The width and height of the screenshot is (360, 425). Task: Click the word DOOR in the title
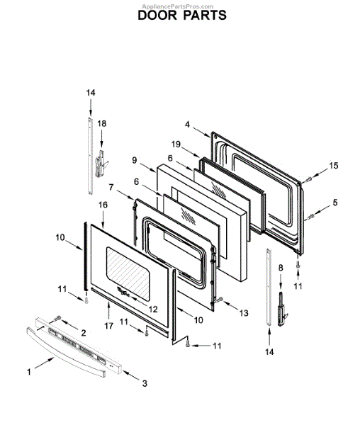point(157,15)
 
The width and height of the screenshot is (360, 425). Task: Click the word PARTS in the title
point(205,15)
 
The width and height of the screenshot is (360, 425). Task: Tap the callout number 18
point(101,123)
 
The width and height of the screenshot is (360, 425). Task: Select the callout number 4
point(187,125)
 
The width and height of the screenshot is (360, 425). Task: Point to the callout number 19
point(176,144)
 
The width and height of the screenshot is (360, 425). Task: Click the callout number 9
point(135,160)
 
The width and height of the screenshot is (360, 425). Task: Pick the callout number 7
point(111,187)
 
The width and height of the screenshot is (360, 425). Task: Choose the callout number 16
point(103,205)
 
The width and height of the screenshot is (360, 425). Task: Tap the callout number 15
point(334,165)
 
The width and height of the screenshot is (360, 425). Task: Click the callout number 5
point(335,202)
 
